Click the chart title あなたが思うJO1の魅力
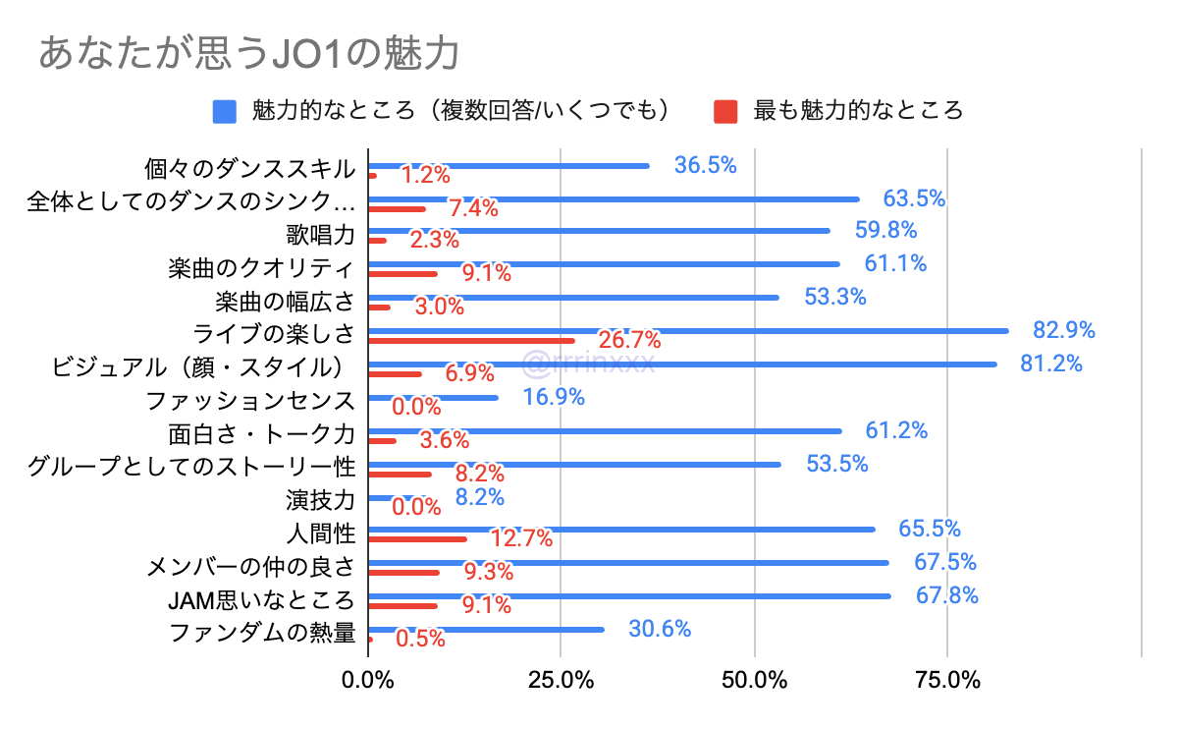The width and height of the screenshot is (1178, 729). (x=248, y=53)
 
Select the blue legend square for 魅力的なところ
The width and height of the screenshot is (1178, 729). (x=225, y=110)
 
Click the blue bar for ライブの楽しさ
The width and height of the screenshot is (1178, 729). (x=687, y=330)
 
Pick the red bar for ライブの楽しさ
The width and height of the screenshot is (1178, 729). (x=471, y=341)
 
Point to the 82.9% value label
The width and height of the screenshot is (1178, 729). (x=1063, y=330)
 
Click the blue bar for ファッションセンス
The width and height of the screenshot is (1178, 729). (x=433, y=398)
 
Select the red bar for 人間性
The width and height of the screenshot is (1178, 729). (x=417, y=538)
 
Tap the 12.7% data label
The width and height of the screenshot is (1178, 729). (x=520, y=538)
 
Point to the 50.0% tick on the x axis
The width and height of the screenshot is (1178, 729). (x=754, y=680)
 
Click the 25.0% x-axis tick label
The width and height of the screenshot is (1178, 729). (x=561, y=680)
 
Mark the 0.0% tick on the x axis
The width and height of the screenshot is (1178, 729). (x=368, y=680)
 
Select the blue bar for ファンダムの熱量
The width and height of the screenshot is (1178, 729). (x=486, y=630)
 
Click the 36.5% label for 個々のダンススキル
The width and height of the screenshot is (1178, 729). (x=705, y=165)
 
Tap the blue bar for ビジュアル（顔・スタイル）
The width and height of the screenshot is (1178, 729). (x=682, y=364)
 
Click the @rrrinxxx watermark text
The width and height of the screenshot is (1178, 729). (x=588, y=364)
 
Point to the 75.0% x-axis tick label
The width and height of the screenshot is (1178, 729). (x=947, y=680)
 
